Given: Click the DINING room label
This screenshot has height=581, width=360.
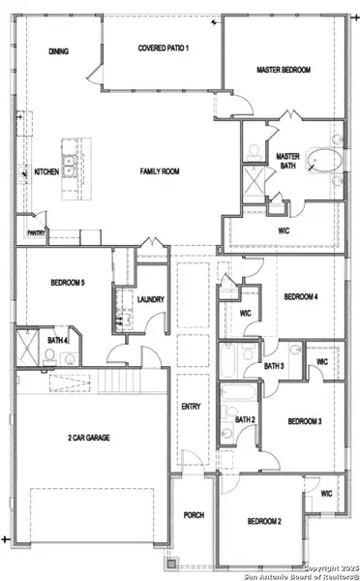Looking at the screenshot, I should [x=58, y=52].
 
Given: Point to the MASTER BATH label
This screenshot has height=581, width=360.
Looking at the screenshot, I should [x=287, y=161].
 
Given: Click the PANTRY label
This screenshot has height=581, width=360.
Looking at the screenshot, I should [x=37, y=232].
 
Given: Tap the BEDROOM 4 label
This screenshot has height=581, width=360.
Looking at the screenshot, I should [x=301, y=296].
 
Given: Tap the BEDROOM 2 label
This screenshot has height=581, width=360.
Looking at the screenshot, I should [x=264, y=522].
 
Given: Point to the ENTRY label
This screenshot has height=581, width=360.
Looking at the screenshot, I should [x=191, y=407].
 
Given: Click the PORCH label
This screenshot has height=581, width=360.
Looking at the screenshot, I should [x=194, y=514].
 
